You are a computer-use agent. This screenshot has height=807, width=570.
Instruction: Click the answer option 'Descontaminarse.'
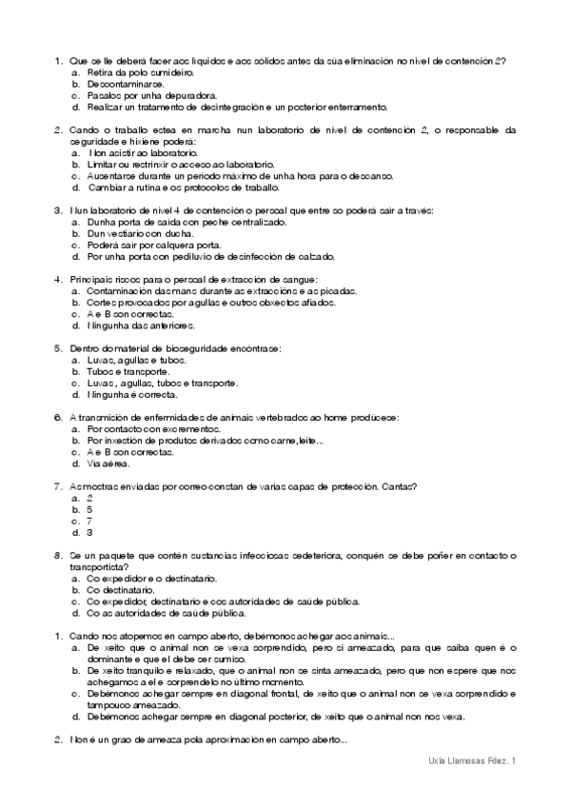125,84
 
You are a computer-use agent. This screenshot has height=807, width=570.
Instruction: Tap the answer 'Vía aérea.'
108,463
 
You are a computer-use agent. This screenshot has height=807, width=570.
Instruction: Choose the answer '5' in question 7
89,509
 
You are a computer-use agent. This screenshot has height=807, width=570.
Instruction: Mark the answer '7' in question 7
89,521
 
